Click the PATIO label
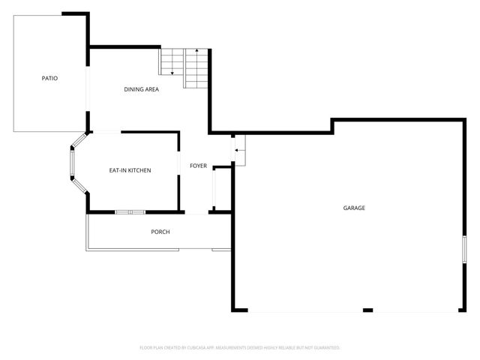[x=49, y=78]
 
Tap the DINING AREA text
[x=141, y=90]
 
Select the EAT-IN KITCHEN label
[x=130, y=171]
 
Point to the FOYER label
[x=198, y=166]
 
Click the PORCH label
[x=160, y=232]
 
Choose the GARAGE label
[x=354, y=208]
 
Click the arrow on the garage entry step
[x=238, y=151]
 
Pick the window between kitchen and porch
[x=129, y=212]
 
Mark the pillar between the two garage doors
[x=367, y=310]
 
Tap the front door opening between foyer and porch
[x=194, y=213]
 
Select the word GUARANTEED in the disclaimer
[x=323, y=348]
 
